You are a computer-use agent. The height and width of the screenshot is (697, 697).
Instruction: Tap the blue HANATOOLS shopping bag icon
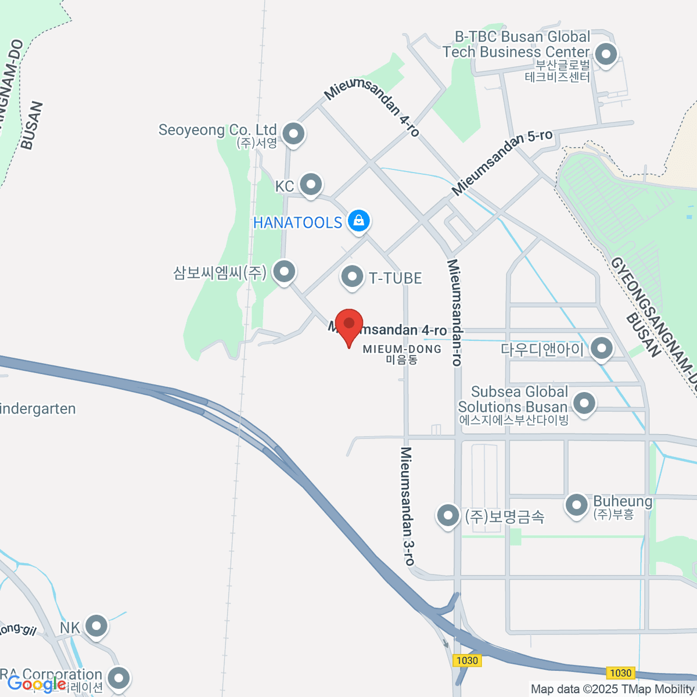point(359,221)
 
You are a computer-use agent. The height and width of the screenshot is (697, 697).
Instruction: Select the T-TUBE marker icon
point(352,277)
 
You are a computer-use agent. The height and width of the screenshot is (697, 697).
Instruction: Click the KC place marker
point(311,185)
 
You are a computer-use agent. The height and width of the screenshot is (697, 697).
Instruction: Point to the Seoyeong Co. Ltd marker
point(294,134)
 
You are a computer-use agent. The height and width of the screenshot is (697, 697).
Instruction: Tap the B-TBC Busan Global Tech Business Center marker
point(606,55)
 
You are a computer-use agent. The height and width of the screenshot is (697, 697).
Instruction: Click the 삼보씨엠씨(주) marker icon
point(284,271)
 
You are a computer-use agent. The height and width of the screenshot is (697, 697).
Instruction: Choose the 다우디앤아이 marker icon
point(602,348)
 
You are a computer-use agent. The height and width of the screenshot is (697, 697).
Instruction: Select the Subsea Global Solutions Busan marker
point(584,402)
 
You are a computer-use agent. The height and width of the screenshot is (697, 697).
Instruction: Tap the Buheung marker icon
point(577,504)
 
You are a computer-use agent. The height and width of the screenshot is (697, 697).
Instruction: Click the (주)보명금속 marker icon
point(448,515)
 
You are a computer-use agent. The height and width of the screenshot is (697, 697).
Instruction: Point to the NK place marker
point(96,626)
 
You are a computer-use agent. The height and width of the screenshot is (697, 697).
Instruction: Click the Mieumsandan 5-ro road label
point(502,162)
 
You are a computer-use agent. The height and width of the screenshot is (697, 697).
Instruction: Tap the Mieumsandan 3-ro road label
point(408,505)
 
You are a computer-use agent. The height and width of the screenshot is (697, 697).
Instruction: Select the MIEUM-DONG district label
point(402,349)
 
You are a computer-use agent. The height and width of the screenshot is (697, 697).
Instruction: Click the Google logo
point(37,684)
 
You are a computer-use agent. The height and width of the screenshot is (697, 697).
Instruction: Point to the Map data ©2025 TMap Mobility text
point(612,689)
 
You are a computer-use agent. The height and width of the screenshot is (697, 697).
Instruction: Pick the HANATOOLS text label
point(297,222)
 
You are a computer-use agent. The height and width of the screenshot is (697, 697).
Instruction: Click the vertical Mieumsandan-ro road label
point(455,312)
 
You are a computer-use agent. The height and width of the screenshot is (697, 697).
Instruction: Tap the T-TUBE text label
point(396,278)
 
